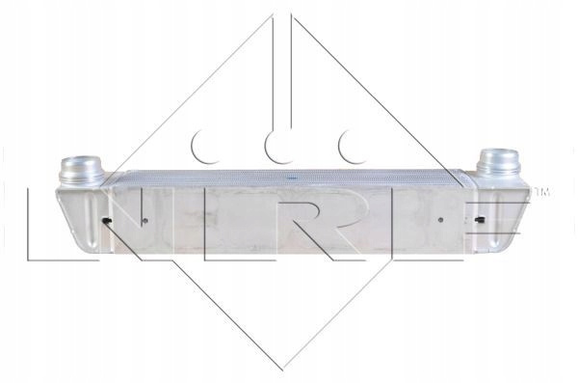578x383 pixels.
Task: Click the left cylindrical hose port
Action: pyautogui.click(x=82, y=171)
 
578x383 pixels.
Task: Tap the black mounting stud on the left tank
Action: pyautogui.click(x=107, y=221)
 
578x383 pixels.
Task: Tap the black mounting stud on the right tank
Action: pyautogui.click(x=481, y=220)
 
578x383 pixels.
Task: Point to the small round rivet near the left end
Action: pyautogui.click(x=144, y=221)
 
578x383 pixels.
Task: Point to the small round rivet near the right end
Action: pyautogui.click(x=440, y=220)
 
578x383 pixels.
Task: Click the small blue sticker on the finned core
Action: pyautogui.click(x=292, y=178)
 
